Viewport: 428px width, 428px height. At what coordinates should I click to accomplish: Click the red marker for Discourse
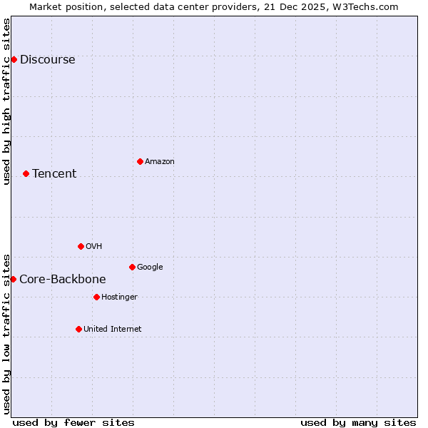14,59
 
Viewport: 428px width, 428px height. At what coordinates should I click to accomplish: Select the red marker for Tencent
26,173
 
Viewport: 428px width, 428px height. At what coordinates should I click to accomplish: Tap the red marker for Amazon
140,161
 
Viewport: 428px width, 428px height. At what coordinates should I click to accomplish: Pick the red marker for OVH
81,246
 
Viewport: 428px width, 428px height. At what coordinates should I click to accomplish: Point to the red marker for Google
132,267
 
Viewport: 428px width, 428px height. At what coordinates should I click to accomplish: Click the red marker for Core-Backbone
13,279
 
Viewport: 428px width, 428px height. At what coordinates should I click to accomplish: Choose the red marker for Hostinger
96,297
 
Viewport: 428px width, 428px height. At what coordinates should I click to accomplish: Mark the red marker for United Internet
78,329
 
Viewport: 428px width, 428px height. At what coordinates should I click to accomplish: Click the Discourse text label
47,59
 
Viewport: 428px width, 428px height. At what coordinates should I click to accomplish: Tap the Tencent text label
54,173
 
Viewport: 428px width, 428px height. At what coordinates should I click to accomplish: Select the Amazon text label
160,161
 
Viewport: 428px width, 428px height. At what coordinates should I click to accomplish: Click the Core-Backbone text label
63,279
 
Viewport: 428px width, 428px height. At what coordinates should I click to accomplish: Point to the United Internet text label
113,329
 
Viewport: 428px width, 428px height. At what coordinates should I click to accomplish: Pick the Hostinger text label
119,297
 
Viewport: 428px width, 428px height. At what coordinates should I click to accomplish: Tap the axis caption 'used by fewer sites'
73,422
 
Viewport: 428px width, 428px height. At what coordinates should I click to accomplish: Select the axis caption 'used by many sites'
358,422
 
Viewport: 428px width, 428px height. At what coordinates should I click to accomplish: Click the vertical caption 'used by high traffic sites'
6,101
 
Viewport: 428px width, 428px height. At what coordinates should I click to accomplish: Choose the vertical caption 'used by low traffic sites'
6,334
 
